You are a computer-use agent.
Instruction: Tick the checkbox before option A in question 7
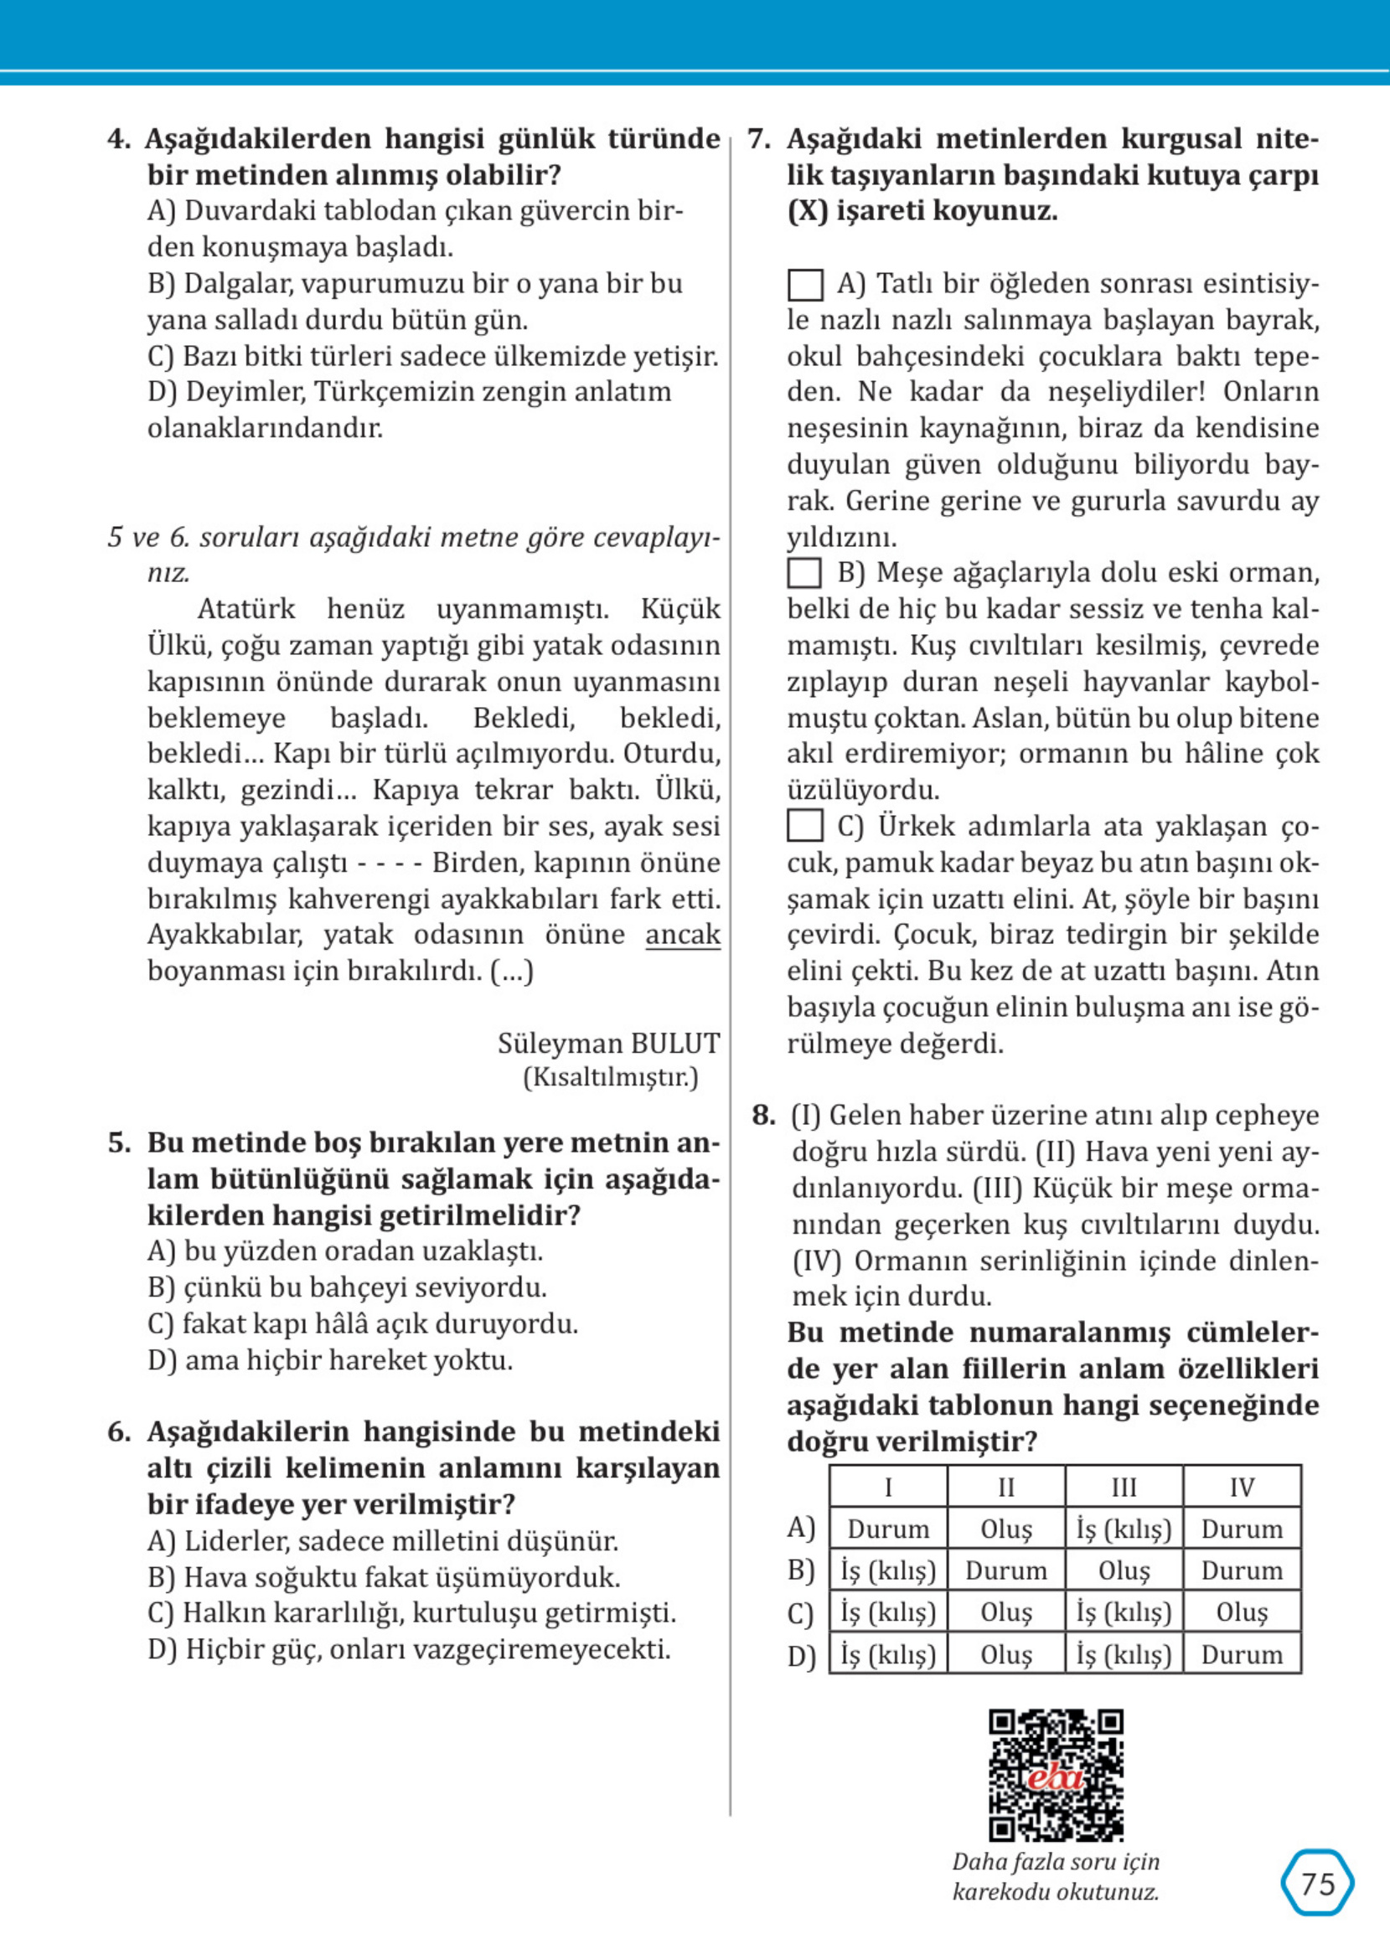pos(804,285)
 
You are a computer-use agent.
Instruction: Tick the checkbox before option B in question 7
pos(804,573)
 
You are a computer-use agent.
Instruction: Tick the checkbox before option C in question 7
pos(804,827)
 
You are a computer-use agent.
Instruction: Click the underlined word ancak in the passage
pos(682,935)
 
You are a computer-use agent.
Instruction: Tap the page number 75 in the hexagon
pos(1317,1884)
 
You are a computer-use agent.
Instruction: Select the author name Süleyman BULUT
pos(608,1044)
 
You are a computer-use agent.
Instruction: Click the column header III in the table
pos(1123,1487)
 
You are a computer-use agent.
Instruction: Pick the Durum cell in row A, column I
pos(887,1529)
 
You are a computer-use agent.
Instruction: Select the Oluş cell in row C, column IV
pos(1241,1612)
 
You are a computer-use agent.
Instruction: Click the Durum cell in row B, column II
pos(1005,1571)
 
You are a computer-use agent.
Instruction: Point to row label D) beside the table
pos(801,1656)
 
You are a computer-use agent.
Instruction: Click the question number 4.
pos(118,139)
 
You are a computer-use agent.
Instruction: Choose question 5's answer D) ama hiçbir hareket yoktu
pos(330,1360)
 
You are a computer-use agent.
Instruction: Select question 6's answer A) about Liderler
pos(383,1541)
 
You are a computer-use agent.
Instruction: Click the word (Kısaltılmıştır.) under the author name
pos(610,1078)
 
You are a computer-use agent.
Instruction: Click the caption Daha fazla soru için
pos(1056,1863)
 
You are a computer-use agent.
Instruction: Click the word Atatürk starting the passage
pos(245,609)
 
